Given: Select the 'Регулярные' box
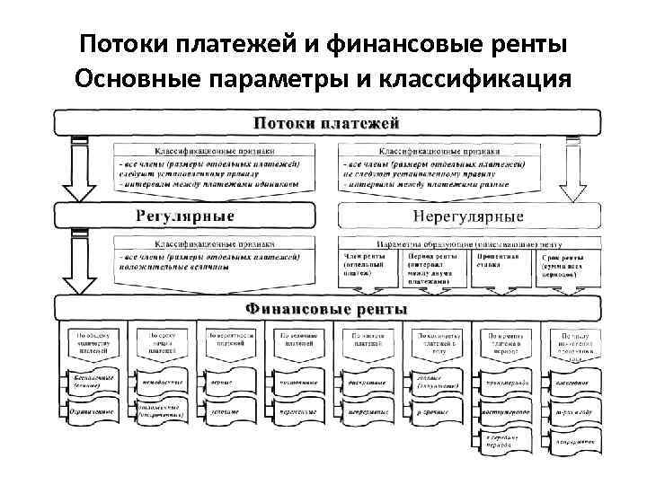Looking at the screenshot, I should [185, 216].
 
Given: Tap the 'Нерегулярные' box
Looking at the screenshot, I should [467, 216].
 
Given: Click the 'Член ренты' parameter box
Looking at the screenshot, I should [364, 265].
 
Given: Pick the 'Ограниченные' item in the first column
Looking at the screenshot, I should [92, 410].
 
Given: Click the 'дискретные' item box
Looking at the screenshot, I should [367, 383].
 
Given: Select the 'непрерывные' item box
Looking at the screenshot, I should [367, 410].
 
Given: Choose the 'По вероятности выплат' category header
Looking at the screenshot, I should [228, 339].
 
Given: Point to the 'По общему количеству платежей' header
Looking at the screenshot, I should [92, 341].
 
